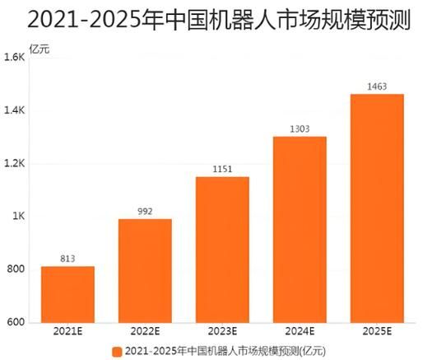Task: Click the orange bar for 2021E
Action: (x=67, y=294)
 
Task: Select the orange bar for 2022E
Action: (x=145, y=270)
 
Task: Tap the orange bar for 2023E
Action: (x=222, y=249)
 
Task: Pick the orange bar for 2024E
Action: (x=300, y=229)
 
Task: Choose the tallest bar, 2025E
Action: (x=377, y=208)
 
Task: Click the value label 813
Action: (x=67, y=259)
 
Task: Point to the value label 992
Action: (x=145, y=212)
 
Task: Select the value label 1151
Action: (x=222, y=170)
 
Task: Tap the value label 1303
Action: (x=300, y=129)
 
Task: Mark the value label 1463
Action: (x=377, y=86)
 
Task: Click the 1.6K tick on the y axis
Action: (x=15, y=58)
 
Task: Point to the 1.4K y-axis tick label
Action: (x=15, y=110)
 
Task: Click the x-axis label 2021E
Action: (x=67, y=332)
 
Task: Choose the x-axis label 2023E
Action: (x=222, y=332)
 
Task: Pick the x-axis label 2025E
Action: (x=377, y=332)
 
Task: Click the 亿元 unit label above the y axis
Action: (x=39, y=48)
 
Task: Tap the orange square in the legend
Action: (x=117, y=351)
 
